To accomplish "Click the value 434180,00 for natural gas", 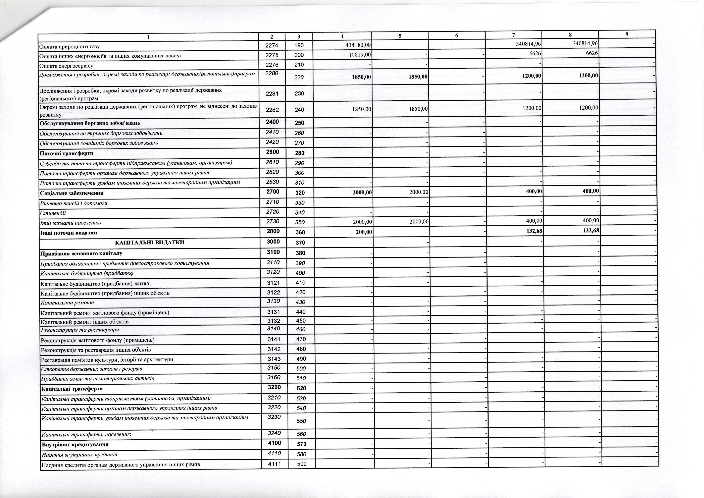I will tap(358, 45).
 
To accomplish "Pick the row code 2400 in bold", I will tap(272, 122).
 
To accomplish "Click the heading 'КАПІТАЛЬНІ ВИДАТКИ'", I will tap(149, 242).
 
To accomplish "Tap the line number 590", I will tap(302, 464).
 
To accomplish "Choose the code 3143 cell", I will tap(274, 359).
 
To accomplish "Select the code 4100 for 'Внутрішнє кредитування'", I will tap(274, 443).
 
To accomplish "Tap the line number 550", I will tap(301, 421).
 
